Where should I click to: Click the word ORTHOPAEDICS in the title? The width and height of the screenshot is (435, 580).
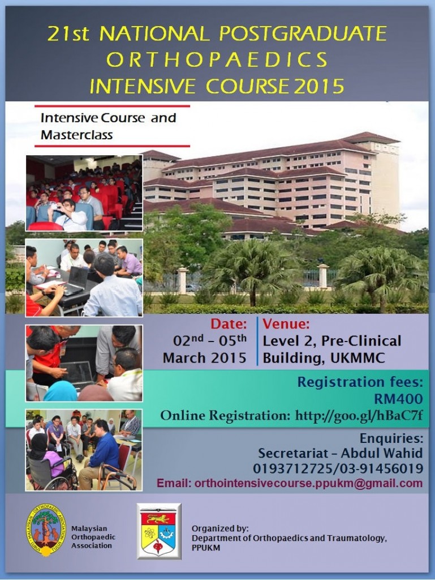point(217,59)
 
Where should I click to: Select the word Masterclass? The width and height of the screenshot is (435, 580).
point(76,135)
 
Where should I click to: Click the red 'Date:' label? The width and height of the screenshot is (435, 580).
point(229,324)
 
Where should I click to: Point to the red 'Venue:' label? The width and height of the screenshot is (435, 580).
point(286,324)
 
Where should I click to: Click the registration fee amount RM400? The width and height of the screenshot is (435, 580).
point(398,399)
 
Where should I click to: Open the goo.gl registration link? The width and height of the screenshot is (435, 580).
point(359,416)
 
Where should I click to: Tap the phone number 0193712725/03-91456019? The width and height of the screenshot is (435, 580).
point(338,468)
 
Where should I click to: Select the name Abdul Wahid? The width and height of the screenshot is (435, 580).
point(382,453)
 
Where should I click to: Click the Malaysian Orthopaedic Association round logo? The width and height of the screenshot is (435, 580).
point(46,530)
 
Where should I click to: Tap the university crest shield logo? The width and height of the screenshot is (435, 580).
point(159,531)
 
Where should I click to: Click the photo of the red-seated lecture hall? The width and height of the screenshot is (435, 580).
point(84,193)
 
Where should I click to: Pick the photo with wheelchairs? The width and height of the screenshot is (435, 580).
point(84,450)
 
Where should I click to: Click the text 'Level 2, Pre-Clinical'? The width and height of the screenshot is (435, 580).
point(331,341)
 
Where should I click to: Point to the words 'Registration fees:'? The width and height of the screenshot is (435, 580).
point(360,382)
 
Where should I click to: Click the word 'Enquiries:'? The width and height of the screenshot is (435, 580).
point(391,438)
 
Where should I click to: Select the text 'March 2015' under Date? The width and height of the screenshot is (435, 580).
point(205,358)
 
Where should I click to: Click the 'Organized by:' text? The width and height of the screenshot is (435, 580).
point(220,528)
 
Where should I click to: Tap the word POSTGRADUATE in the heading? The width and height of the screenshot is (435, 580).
point(303,33)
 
